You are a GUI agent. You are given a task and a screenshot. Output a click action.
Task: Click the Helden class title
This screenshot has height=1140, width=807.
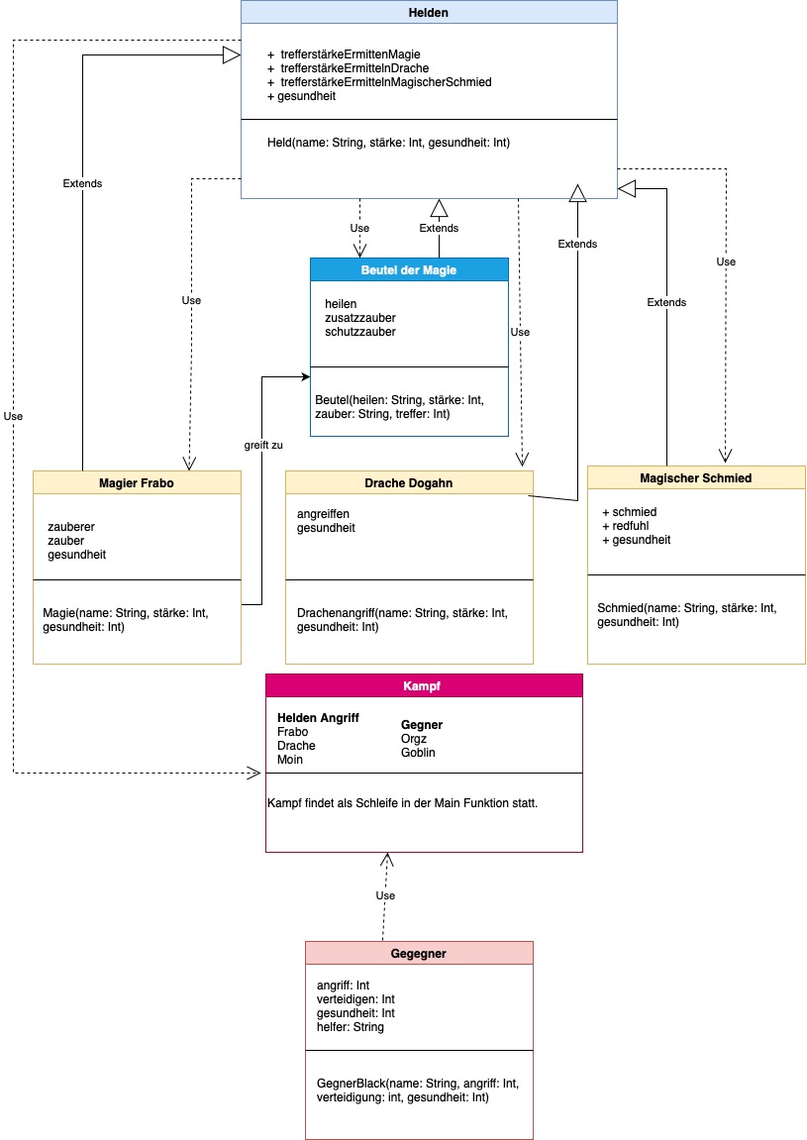tap(429, 12)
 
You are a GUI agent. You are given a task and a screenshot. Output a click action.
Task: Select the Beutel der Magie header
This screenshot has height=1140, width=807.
tap(409, 269)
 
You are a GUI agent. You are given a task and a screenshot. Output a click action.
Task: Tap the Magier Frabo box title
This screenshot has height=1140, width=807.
tap(137, 481)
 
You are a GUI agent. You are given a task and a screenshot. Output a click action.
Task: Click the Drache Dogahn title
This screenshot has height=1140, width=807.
tap(408, 481)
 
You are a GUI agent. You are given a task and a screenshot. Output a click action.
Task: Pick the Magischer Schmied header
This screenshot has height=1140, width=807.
tap(695, 477)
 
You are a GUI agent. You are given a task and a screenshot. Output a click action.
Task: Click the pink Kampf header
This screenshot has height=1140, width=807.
tap(424, 685)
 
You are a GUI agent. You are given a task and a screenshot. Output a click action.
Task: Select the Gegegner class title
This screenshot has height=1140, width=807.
tap(418, 953)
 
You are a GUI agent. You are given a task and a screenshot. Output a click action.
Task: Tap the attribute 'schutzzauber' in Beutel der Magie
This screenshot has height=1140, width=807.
tap(360, 332)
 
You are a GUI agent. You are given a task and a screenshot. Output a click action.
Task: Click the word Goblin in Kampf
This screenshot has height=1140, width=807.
tap(418, 753)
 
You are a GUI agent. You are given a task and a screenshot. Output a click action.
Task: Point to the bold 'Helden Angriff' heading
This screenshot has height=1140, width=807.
tap(318, 718)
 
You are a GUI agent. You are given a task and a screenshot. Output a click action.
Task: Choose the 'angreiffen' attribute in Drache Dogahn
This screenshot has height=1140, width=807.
tap(324, 514)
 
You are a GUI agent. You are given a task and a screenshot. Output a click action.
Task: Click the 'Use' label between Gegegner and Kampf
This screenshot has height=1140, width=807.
tap(385, 895)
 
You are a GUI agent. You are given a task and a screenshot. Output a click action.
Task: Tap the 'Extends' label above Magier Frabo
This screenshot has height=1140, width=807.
tap(82, 183)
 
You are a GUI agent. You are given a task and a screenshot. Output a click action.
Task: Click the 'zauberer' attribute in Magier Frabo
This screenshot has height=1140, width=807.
tap(71, 527)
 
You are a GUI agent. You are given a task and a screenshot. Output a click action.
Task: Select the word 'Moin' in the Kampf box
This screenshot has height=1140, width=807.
tap(290, 760)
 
